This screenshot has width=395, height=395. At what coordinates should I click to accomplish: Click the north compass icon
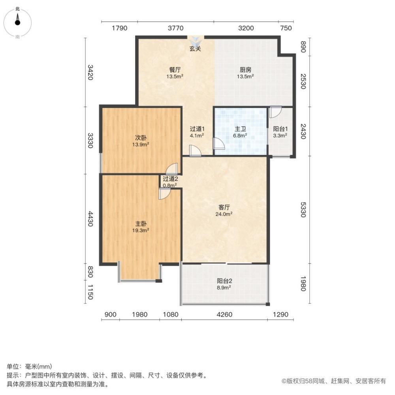pos(17,23)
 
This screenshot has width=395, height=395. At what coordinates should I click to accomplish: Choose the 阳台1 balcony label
pos(280,128)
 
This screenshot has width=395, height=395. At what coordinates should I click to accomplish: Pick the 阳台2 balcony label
pos(224,281)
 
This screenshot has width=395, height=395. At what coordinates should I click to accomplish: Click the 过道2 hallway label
pos(170,179)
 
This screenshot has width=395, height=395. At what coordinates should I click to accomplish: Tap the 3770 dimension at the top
pos(176,28)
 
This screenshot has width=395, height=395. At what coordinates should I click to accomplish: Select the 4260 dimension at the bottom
pos(224,314)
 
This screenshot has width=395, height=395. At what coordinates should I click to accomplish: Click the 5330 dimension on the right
pos(303,210)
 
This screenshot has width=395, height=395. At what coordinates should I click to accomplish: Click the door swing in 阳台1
pos(275,112)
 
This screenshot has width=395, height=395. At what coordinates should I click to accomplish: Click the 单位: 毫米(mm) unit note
pos(30,366)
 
